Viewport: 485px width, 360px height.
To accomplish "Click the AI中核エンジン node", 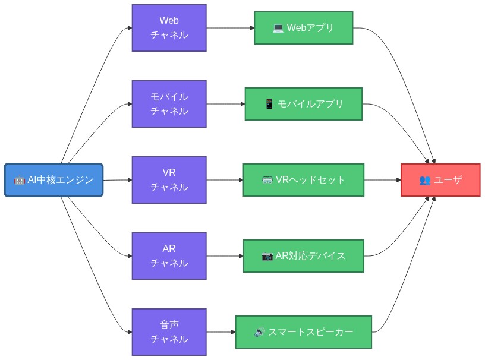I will (53, 180).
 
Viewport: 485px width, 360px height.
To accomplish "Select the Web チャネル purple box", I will (169, 28).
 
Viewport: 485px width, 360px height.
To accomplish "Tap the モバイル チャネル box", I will (169, 104).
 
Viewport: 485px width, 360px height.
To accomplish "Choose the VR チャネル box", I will (169, 180).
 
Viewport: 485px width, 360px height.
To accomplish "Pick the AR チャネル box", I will (169, 256).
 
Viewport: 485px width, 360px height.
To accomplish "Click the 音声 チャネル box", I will (169, 332).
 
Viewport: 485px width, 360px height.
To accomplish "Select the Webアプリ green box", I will (303, 28).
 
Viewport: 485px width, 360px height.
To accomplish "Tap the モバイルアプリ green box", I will (303, 104).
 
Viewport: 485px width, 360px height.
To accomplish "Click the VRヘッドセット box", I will (303, 180).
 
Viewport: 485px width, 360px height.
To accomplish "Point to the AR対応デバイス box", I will (303, 256).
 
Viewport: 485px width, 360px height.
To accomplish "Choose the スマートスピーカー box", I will (303, 332).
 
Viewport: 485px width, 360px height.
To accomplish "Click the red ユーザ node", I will (440, 180).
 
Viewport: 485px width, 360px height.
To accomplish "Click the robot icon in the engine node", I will (19, 180).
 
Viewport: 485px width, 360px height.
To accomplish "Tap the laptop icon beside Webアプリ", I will (278, 28).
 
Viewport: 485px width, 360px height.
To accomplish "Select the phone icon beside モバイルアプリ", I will (269, 104).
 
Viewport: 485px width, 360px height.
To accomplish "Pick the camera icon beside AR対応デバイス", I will (267, 256).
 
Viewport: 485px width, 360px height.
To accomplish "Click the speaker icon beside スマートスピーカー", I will (260, 332).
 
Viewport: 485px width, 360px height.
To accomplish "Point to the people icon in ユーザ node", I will (424, 180).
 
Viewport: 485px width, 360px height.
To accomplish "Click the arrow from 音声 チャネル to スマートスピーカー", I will (221, 332).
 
